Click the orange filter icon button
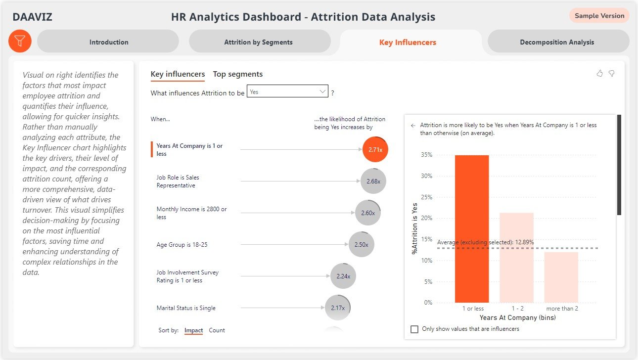[20, 41]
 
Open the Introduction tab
[108, 42]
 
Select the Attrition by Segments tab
[259, 42]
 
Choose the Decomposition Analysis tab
[557, 42]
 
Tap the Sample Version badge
[599, 15]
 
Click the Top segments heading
[237, 74]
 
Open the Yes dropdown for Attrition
[287, 91]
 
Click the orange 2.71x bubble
[375, 149]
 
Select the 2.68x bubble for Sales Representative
[373, 181]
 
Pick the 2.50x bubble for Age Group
[361, 245]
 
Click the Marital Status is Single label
[186, 308]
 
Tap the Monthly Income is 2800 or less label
[191, 213]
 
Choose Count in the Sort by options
[217, 330]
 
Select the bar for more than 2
[561, 277]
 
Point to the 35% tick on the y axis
[426, 155]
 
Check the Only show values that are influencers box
[414, 329]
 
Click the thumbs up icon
[599, 73]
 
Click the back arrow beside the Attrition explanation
[413, 126]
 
